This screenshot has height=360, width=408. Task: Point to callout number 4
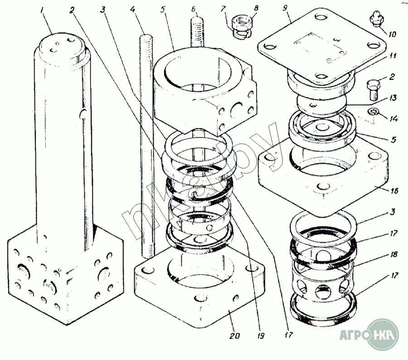[x=133, y=9]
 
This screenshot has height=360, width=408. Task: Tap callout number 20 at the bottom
[x=235, y=336]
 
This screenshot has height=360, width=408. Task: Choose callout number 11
[x=392, y=56]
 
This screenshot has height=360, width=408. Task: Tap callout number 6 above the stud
[x=194, y=9]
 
